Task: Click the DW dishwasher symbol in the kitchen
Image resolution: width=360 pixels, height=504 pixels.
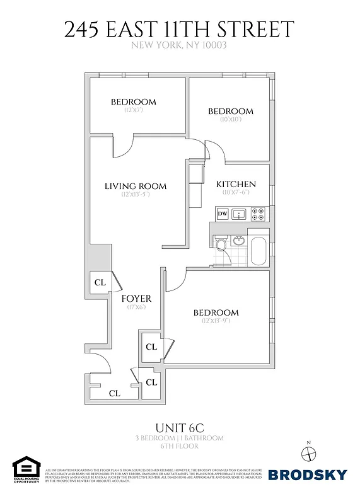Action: [x=222, y=214]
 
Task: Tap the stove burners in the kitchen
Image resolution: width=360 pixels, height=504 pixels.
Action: [x=257, y=214]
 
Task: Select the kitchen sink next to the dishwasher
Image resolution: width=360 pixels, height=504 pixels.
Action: [x=239, y=214]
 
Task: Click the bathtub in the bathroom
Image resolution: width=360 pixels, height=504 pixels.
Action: [x=258, y=250]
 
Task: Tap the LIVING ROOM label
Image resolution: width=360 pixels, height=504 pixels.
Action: [x=136, y=186]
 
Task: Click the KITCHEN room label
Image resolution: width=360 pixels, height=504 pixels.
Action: [x=236, y=184]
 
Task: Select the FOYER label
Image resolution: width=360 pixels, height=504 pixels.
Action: [x=137, y=299]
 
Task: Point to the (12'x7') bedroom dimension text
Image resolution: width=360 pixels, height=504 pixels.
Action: [x=134, y=110]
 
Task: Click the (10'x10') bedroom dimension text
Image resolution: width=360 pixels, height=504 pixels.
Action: [x=231, y=119]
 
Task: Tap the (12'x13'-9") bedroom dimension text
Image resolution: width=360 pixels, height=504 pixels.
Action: [x=216, y=321]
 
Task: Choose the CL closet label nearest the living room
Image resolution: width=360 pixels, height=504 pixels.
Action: [x=100, y=282]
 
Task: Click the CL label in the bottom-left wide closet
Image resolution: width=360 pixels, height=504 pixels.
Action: [x=114, y=393]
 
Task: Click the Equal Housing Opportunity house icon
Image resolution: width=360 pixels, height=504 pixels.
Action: [x=25, y=467]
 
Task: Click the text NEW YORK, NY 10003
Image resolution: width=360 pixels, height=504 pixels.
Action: [x=179, y=45]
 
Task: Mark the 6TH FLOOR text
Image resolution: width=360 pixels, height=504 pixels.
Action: [x=179, y=446]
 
